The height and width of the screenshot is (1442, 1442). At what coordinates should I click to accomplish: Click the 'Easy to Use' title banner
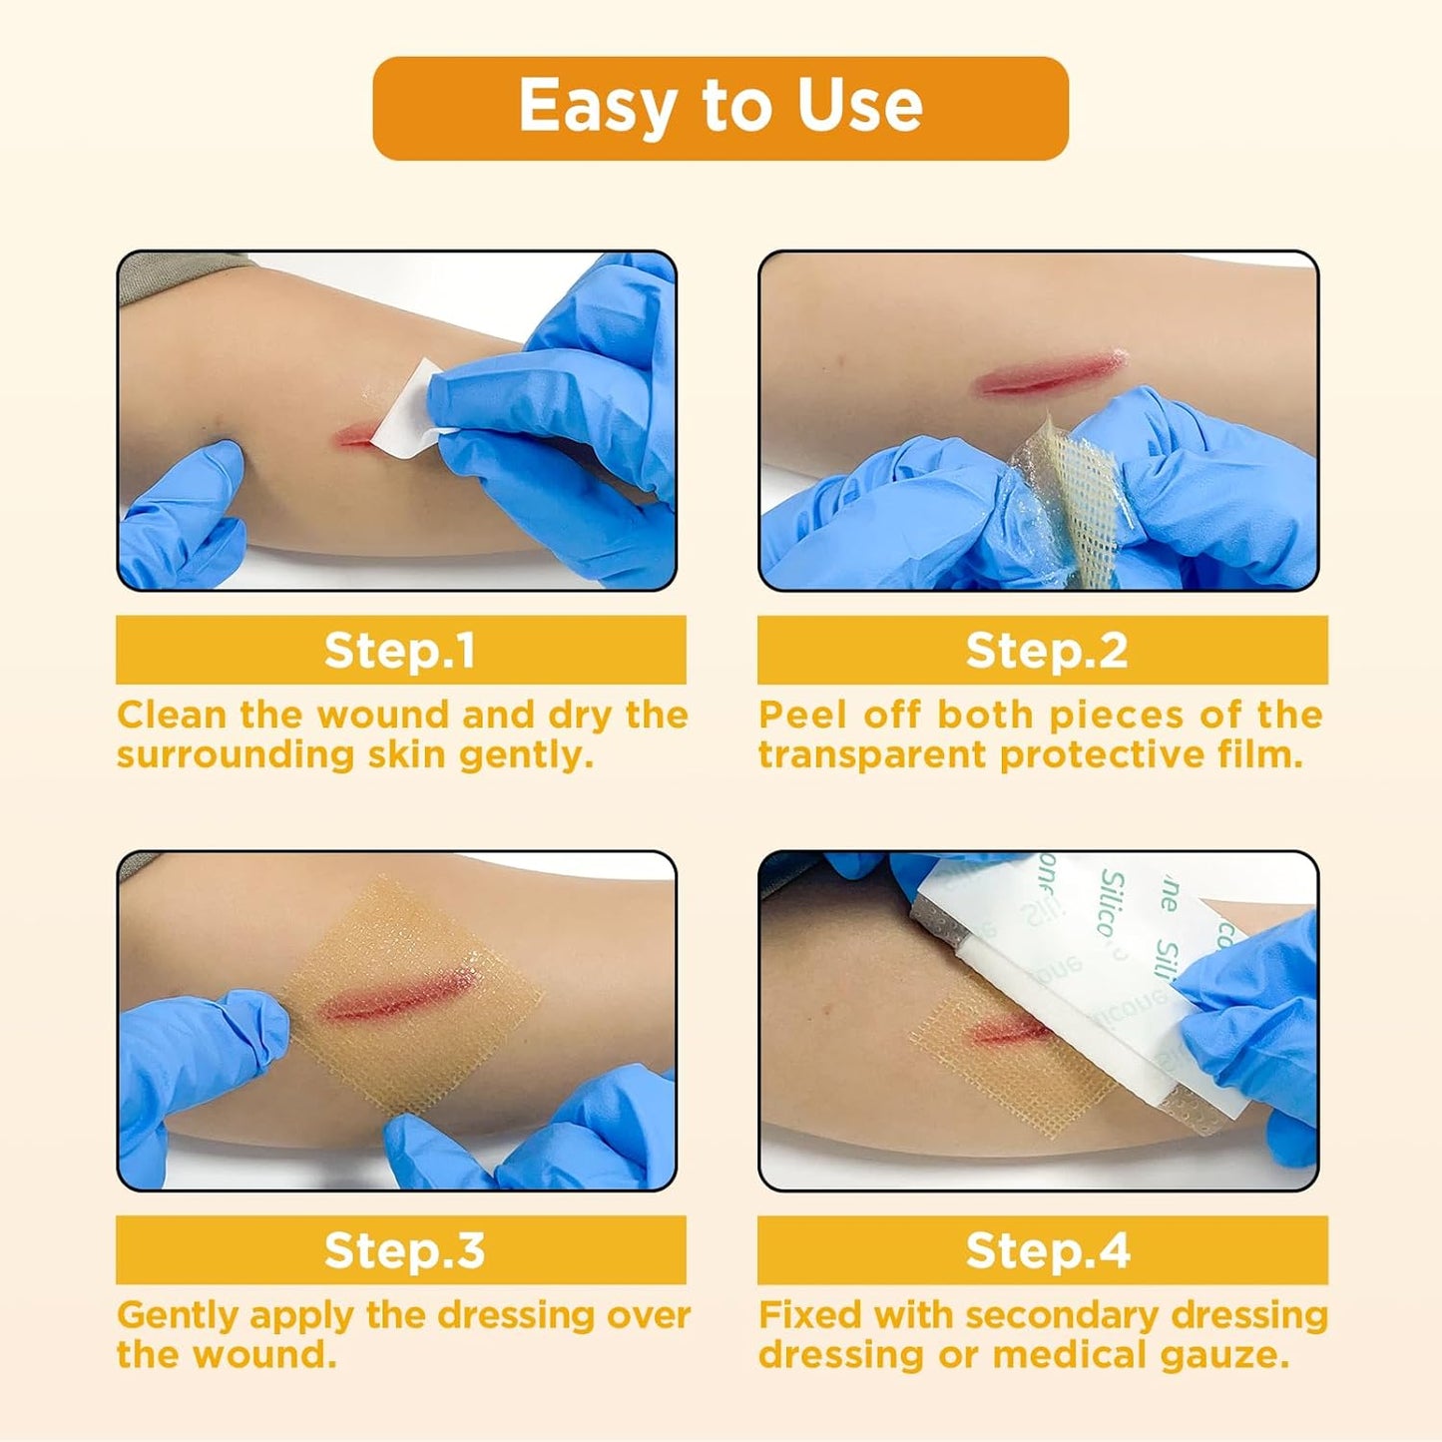[x=720, y=108]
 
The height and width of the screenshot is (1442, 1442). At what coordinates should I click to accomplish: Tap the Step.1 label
[x=400, y=650]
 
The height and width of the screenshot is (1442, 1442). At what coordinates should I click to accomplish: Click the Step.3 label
[x=403, y=1249]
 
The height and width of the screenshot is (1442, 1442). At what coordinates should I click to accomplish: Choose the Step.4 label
[x=1047, y=1249]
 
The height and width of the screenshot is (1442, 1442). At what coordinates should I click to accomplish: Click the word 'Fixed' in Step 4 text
[x=809, y=1315]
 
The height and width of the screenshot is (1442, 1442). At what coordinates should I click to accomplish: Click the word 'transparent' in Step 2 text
[x=872, y=755]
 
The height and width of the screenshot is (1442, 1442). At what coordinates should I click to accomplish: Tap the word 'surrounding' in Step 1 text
[x=236, y=755]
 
